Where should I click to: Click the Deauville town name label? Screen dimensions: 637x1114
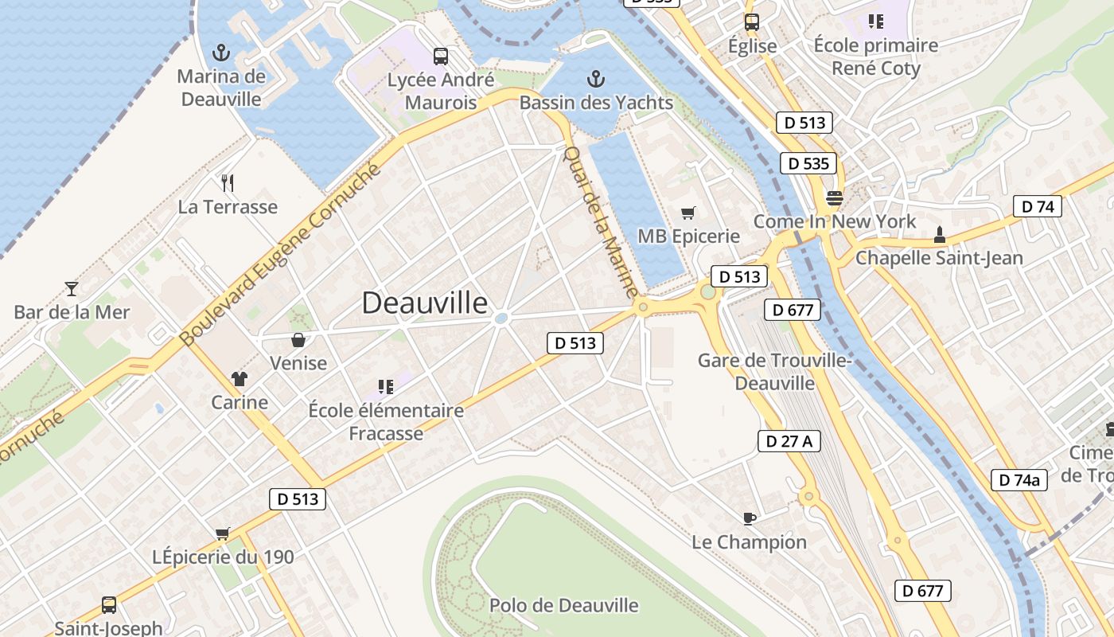point(425,303)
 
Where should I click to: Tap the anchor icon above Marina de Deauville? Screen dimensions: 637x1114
point(221,53)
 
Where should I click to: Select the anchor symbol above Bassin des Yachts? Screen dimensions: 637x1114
point(595,79)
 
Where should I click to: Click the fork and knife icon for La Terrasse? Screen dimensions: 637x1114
point(228,183)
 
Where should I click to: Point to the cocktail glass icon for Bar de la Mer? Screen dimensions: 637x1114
point(72,288)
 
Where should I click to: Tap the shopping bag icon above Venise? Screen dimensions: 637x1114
point(298,340)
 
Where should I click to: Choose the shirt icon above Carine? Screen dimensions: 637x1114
point(240,378)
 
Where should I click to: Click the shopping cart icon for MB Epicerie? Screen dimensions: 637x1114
point(688,213)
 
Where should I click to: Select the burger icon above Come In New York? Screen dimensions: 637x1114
point(835,197)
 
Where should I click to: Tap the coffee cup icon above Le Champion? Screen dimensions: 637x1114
point(749,518)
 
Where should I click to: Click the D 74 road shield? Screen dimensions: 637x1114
point(1038,206)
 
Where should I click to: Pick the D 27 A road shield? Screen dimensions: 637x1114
point(789,441)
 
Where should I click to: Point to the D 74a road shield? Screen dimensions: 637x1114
point(1019,479)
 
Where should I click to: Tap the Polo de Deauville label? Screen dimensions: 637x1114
point(563,605)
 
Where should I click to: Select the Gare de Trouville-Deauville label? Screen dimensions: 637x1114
point(775,372)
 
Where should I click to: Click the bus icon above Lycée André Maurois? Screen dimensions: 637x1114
point(441,56)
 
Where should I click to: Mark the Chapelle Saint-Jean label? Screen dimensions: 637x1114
point(939,258)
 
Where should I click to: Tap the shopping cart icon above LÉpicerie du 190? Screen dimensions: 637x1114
point(223,533)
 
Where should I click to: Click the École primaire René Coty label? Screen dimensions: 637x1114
point(876,57)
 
